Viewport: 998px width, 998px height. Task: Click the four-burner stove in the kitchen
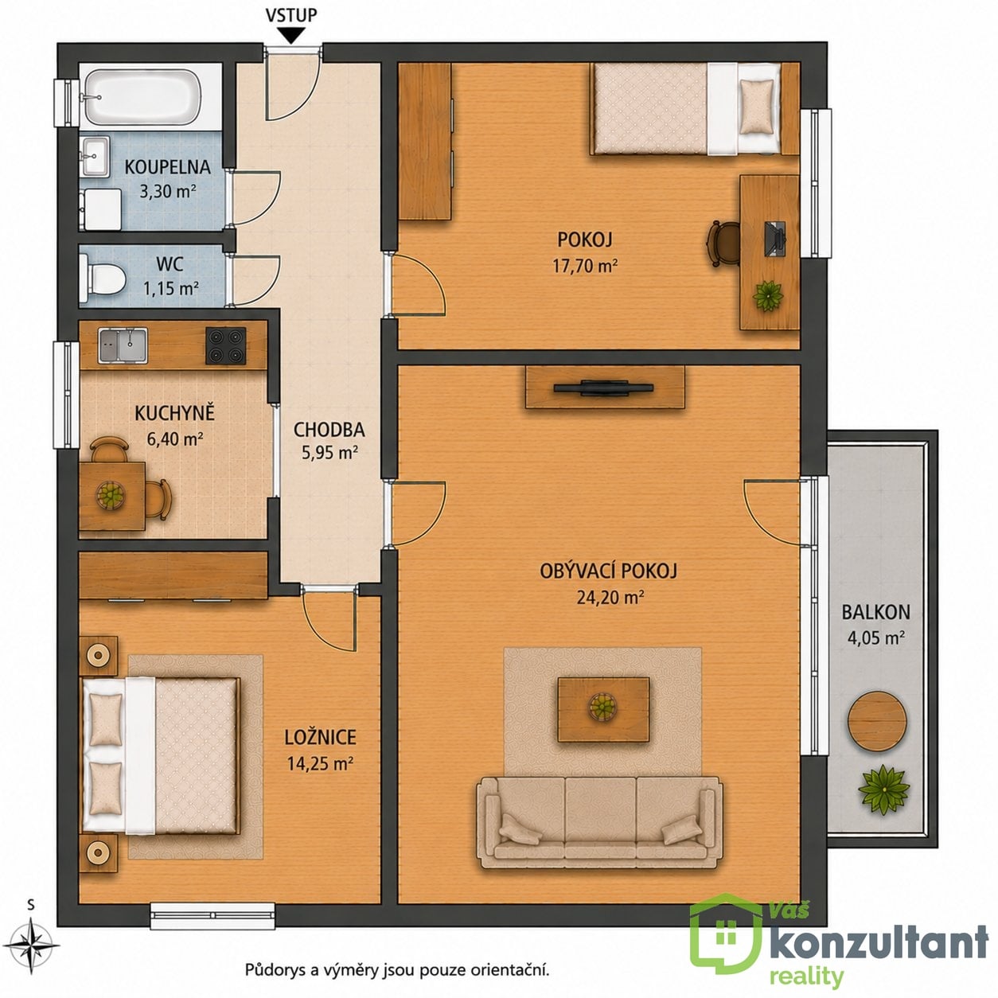point(225,345)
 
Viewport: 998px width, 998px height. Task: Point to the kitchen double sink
point(123,345)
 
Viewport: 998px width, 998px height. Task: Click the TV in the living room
point(603,388)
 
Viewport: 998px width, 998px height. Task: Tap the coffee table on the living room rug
point(603,709)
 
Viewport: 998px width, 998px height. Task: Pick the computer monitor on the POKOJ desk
point(775,238)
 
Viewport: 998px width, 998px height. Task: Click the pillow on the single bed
point(757,107)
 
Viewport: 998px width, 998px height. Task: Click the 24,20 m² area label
point(610,598)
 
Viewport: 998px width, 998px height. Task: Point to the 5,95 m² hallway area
point(330,453)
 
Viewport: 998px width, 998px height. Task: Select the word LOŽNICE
point(320,738)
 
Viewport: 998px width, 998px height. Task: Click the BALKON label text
point(875,612)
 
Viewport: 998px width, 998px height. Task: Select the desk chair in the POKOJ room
point(722,244)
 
